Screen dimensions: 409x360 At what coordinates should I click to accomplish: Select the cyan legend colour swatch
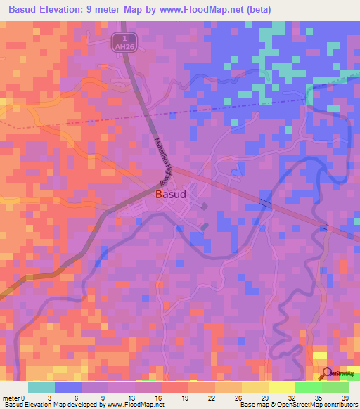[41, 388]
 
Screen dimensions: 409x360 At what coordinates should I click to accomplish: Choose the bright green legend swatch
[308, 388]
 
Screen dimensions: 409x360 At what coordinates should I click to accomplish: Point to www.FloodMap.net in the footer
[134, 404]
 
